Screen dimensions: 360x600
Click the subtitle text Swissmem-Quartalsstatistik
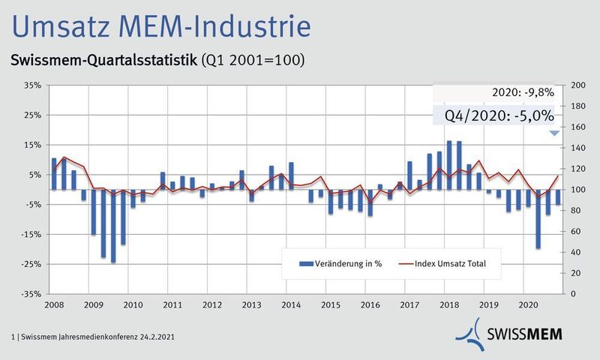click(103, 60)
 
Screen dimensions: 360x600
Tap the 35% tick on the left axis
click(31, 85)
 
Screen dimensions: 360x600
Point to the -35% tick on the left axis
click(30, 294)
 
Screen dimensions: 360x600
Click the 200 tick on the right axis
click(578, 85)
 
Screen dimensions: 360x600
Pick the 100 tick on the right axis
click(578, 190)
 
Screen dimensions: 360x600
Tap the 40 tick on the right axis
click(576, 253)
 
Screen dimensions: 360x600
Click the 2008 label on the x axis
click(53, 305)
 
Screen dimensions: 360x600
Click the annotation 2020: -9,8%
click(523, 92)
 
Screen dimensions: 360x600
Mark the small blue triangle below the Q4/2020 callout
click(553, 133)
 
